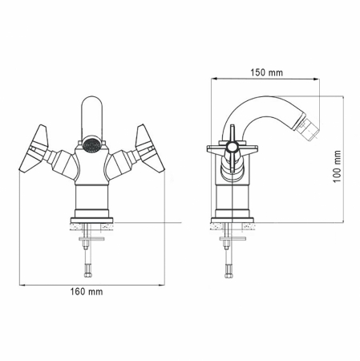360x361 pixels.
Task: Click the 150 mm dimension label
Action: [x=267, y=72]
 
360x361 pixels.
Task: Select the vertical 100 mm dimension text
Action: [x=338, y=169]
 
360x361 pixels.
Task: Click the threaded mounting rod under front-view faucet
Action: [x=90, y=253]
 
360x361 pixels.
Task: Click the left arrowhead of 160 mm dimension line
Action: [x=19, y=285]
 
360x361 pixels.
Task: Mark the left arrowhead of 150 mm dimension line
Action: [x=213, y=80]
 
